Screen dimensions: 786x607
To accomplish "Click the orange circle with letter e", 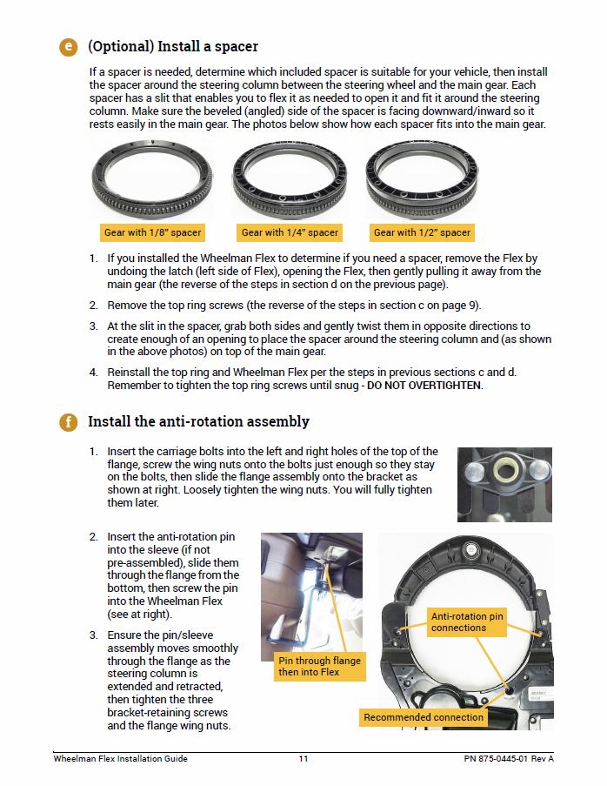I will [69, 47].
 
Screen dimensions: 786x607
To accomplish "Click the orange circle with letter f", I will [69, 422].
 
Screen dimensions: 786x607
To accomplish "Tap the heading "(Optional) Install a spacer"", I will [173, 46].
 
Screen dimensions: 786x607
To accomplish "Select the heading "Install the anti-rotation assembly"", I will [198, 422].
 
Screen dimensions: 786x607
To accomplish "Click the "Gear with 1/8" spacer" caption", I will [152, 232].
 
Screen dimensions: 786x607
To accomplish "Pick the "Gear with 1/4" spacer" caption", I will [290, 232].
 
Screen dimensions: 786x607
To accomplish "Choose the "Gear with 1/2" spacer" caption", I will [422, 232].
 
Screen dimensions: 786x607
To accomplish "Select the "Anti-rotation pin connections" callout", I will [467, 622].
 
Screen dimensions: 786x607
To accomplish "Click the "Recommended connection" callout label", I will [424, 717].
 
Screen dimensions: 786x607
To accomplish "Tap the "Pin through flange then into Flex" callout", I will [319, 667].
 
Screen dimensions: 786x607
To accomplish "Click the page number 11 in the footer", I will [303, 759].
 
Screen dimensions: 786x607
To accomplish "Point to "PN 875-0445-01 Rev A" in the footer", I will [509, 759].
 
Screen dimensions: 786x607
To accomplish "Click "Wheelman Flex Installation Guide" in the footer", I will [120, 759].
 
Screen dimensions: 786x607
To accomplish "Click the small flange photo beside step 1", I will [504, 484].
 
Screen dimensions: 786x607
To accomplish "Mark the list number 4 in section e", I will [93, 373].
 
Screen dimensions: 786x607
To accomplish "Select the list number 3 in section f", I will [93, 635].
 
